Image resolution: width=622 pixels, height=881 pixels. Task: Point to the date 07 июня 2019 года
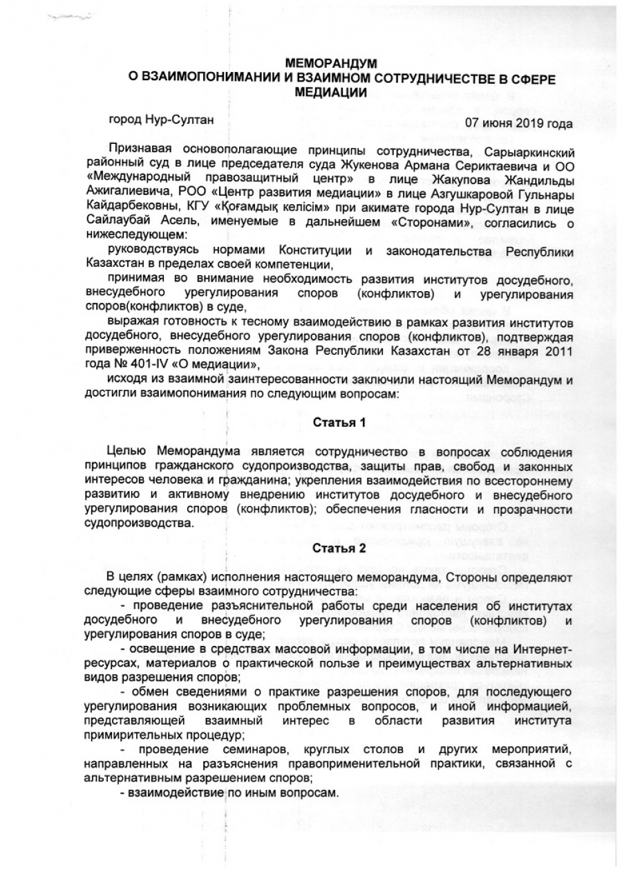pyautogui.click(x=518, y=124)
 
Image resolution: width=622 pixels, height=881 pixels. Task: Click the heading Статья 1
pyautogui.click(x=339, y=422)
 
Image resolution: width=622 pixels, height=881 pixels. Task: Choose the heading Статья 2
pyautogui.click(x=339, y=550)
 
